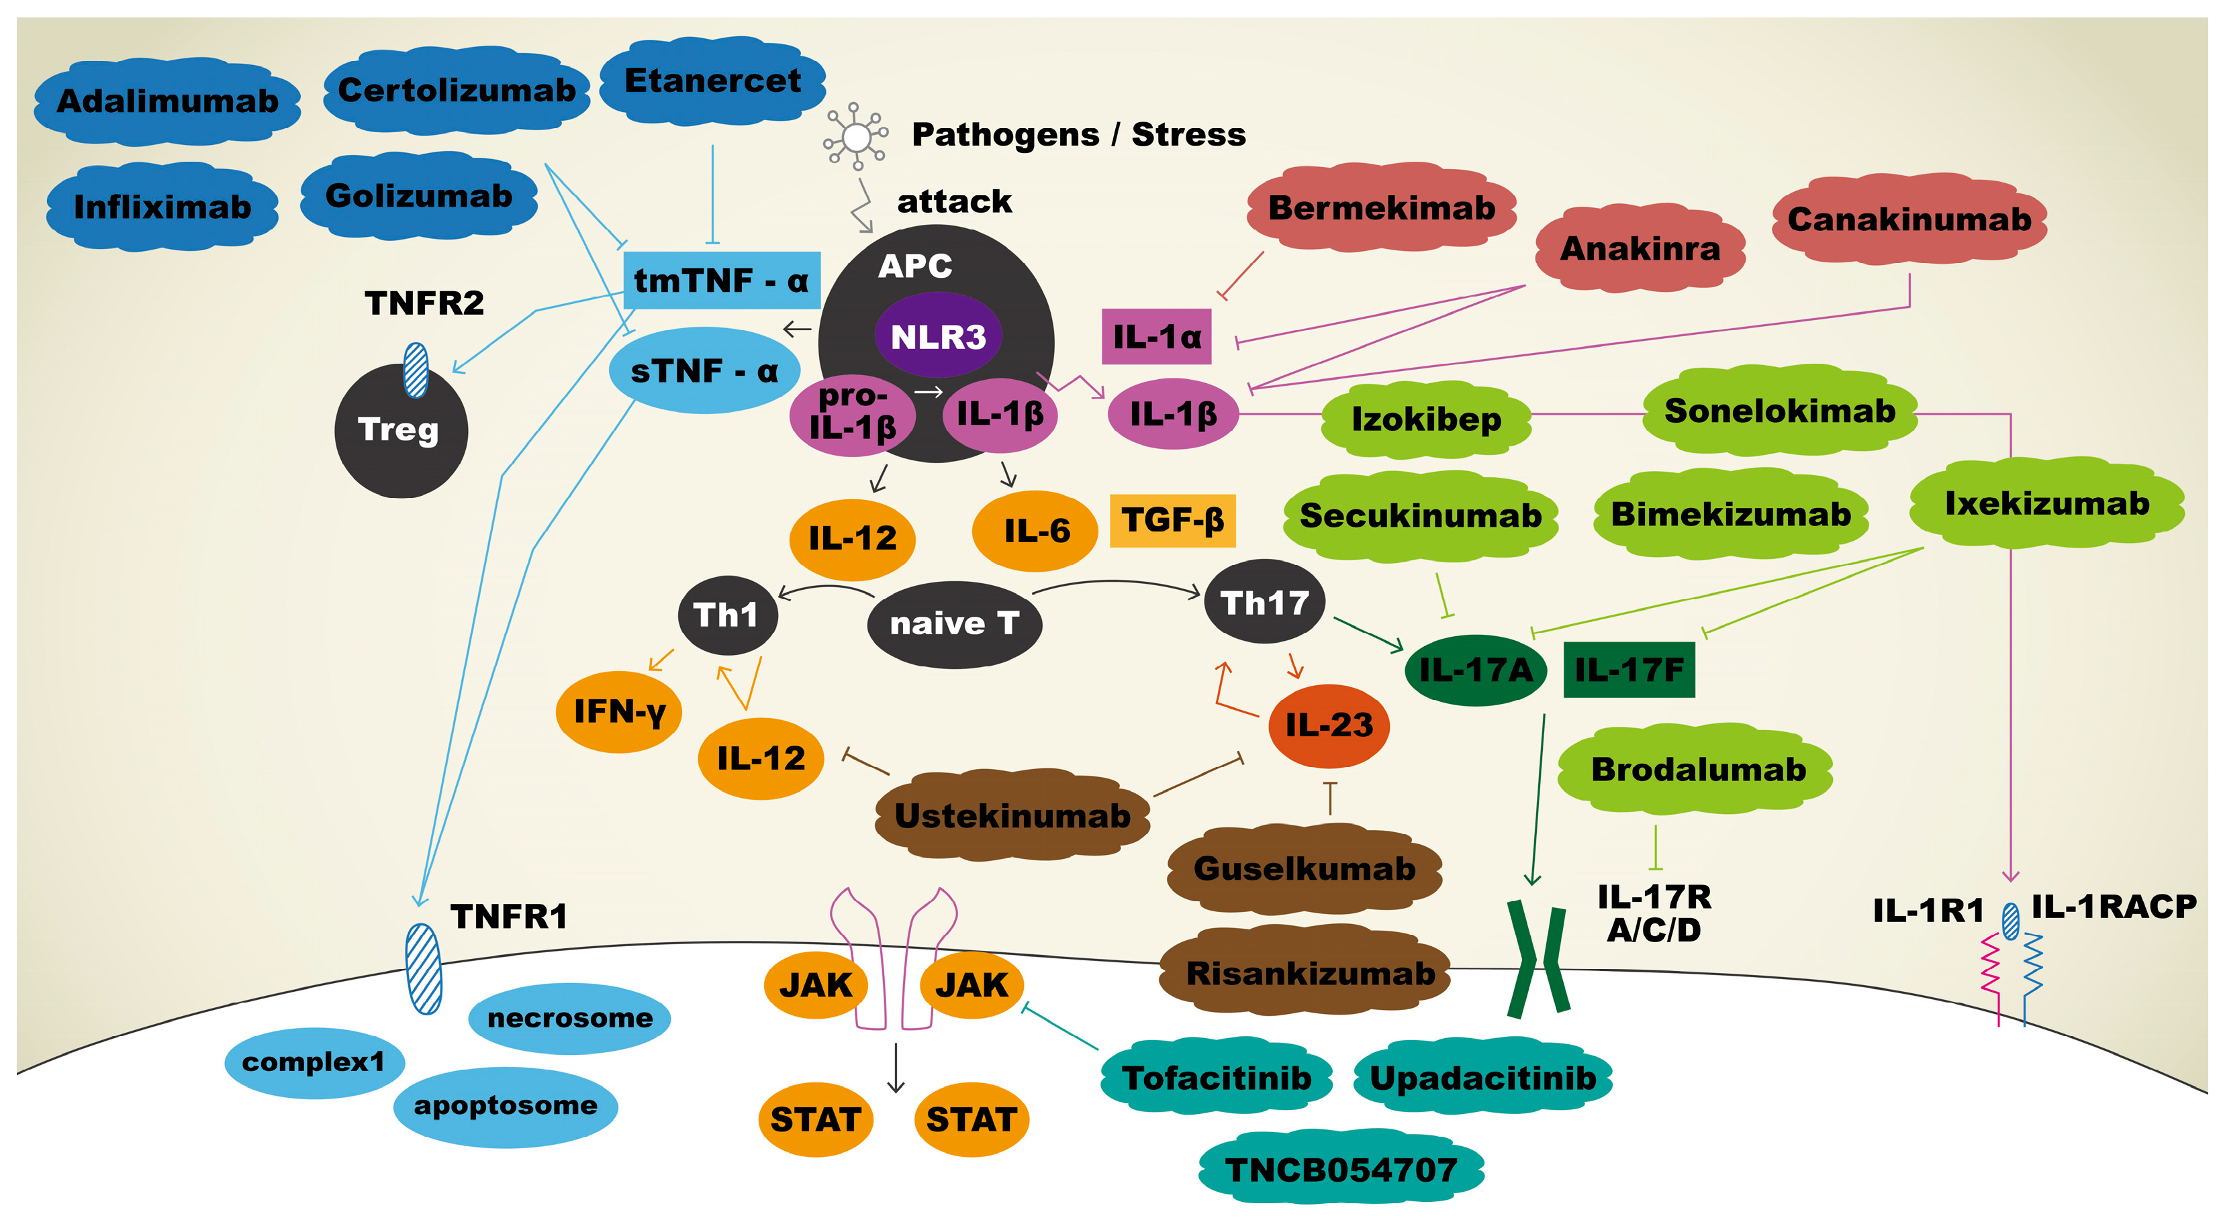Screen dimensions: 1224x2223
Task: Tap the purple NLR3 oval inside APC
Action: tap(937, 336)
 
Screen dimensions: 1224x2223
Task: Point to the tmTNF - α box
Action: tap(720, 280)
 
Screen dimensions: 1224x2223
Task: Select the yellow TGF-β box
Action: tap(1172, 520)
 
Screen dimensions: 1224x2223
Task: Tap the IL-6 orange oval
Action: tap(1035, 531)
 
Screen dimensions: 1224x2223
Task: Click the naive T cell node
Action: tap(953, 623)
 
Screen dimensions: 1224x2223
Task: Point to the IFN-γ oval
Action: tap(619, 711)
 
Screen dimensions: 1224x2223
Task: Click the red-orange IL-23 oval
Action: tap(1328, 725)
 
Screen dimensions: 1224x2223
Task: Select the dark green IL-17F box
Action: tap(1628, 669)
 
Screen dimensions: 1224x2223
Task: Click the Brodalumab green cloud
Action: tap(1697, 768)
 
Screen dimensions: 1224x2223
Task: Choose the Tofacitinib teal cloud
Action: tap(1216, 1077)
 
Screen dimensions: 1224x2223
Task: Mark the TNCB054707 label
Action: tap(1341, 1170)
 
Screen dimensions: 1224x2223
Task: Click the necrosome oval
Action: tap(569, 1018)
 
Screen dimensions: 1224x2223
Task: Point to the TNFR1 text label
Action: tap(509, 916)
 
